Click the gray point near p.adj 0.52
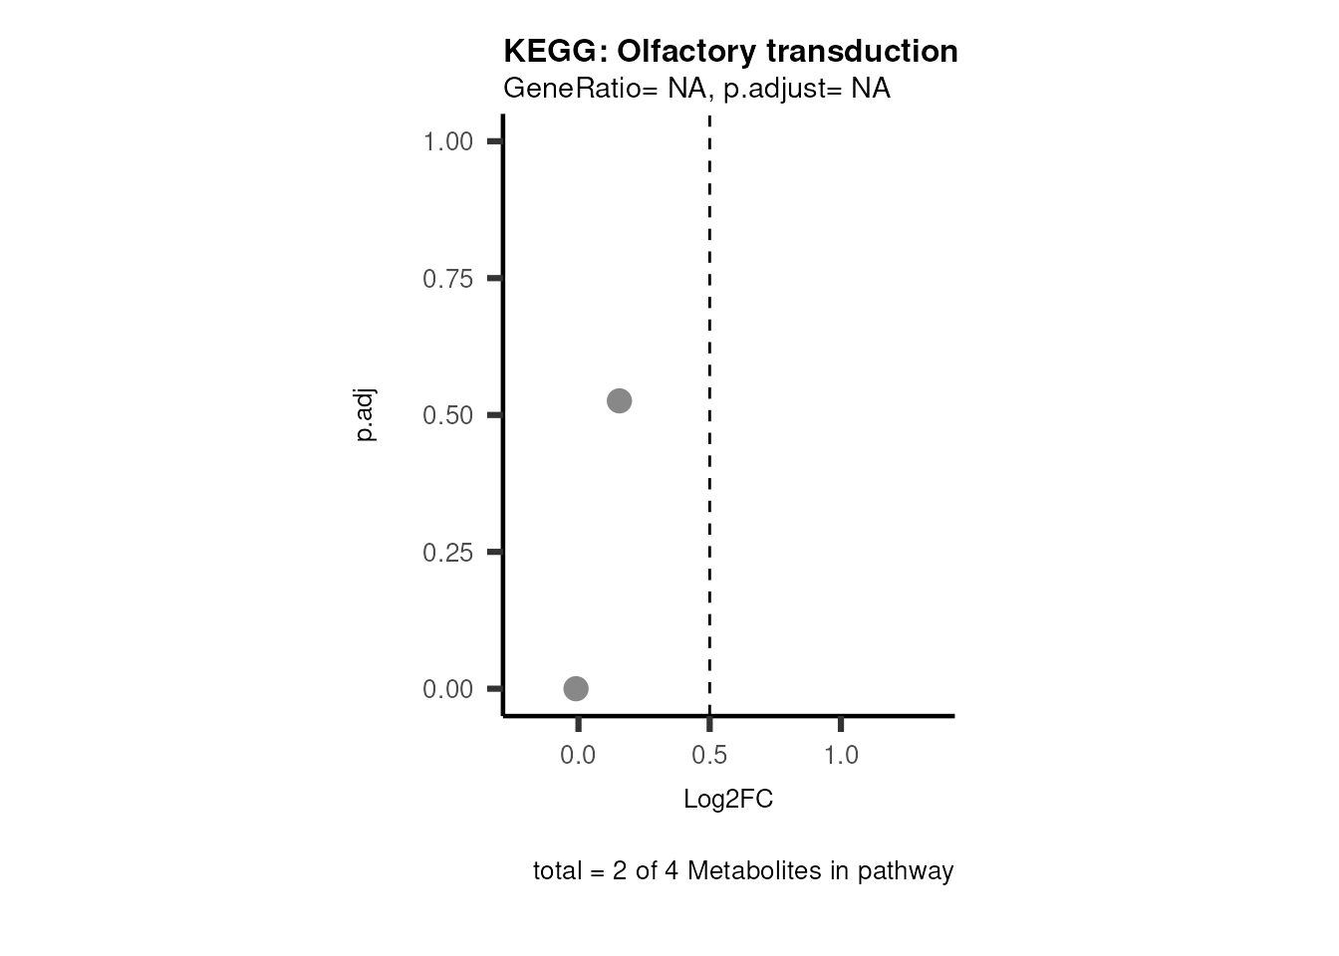pos(620,400)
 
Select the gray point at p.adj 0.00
pos(576,688)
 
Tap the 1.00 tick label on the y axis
pos(447,141)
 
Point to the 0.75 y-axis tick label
pos(447,279)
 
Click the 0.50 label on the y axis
pos(447,415)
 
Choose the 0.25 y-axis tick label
pos(447,553)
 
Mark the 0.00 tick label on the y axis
pos(447,689)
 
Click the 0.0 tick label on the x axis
pos(578,756)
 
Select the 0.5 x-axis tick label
pos(709,756)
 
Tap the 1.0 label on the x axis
pos(841,756)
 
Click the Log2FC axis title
pos(728,800)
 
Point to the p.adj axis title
pos(366,415)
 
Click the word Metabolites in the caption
pos(748,871)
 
